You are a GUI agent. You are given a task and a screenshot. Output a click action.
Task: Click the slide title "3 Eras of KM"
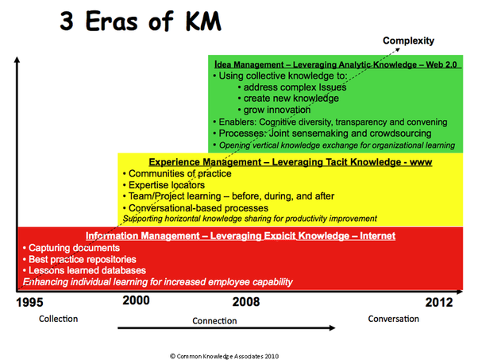point(141,21)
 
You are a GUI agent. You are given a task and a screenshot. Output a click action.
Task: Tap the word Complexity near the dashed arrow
point(408,41)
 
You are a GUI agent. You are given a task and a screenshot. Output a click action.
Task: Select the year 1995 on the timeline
point(29,302)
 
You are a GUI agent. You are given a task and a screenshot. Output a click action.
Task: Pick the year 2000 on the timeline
point(136,300)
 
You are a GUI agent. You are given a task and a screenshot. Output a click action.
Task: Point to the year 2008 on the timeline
point(246,302)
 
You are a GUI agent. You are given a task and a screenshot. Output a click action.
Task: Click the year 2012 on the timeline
point(439,302)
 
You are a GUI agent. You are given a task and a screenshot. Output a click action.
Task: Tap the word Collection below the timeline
point(58,319)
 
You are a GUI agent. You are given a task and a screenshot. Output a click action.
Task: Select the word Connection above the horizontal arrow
point(214,321)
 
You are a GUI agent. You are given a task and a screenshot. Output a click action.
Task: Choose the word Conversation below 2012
point(394,319)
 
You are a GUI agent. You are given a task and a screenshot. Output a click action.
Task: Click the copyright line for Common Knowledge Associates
point(225,356)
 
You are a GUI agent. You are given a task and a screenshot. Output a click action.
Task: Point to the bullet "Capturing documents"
point(71,248)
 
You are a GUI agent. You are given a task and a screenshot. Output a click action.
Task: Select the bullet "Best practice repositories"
point(79,259)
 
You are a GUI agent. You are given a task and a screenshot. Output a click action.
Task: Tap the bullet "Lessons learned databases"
point(84,270)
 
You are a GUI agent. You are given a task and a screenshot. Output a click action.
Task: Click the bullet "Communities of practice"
point(177,173)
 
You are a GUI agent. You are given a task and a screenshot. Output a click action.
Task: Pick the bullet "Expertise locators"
point(164,185)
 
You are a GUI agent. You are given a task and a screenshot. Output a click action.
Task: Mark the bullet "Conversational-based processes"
point(195,208)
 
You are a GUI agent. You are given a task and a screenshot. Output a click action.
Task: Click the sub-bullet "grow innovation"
point(275,110)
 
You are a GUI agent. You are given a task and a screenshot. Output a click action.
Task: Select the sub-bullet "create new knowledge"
point(288,99)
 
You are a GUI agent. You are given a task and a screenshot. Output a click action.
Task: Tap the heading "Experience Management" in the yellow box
point(205,162)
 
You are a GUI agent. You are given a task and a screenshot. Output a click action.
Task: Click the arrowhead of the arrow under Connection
point(333,328)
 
